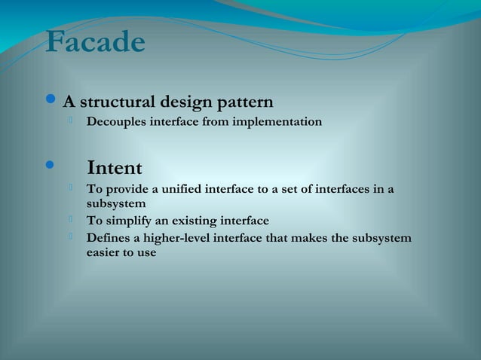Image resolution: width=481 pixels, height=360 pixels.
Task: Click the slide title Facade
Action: pyautogui.click(x=95, y=42)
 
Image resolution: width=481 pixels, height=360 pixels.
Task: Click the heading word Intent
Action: pyautogui.click(x=115, y=167)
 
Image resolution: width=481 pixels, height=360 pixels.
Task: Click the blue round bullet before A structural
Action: pyautogui.click(x=51, y=101)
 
